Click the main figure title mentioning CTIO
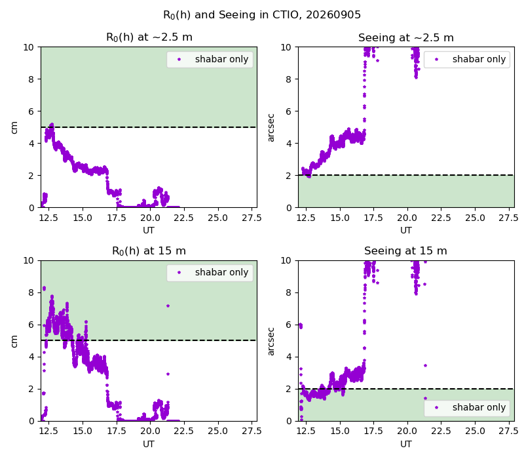262,14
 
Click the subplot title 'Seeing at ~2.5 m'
406,37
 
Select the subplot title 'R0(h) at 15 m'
149,251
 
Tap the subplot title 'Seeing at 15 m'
405,251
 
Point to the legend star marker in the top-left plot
179,60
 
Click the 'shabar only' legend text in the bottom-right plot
479,407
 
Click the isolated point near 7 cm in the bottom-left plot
168,306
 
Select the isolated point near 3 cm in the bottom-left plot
168,374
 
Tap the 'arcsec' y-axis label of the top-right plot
271,128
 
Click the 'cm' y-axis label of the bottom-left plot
14,341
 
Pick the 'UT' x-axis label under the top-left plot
149,231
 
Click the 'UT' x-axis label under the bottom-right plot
405,444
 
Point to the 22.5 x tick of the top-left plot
184,218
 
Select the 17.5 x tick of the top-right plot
373,218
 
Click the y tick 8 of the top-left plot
31,79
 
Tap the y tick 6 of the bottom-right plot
288,325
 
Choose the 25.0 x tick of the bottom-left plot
217,431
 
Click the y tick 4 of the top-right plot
288,144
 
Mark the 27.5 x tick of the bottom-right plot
508,431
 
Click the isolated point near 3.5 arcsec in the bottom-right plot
425,366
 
